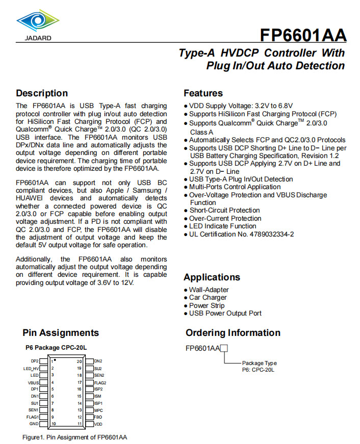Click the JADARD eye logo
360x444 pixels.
34,21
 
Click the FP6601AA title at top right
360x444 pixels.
303,35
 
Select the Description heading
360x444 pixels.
42,93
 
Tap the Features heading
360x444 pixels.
203,93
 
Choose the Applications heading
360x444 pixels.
212,277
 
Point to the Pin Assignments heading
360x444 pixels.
61,333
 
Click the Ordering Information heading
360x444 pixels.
233,333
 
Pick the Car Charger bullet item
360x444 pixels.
208,298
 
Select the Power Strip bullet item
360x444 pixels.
207,305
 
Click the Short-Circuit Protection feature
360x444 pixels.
224,210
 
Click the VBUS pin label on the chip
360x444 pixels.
34,382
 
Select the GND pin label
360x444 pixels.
34,424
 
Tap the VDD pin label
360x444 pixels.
98,424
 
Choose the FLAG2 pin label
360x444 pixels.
100,382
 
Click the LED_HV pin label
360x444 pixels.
31,368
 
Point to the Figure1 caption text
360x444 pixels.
74,437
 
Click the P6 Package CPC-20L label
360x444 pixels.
57,348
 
